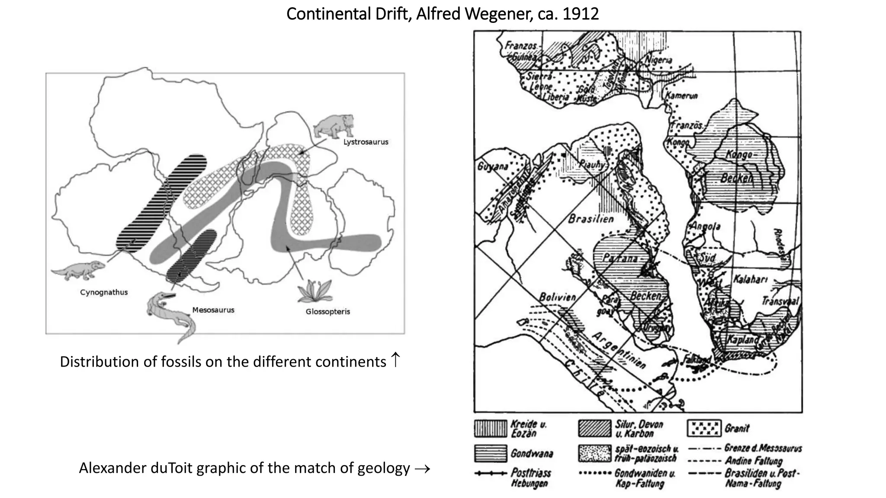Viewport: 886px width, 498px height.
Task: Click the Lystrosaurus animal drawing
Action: tap(334, 125)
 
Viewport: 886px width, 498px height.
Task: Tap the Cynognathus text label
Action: tap(104, 292)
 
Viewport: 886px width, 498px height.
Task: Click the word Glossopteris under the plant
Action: tap(327, 311)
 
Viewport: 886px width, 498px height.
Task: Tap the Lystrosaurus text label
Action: tap(366, 142)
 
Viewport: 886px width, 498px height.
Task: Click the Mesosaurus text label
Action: tap(213, 310)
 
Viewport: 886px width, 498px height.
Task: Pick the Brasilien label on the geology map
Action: tap(591, 219)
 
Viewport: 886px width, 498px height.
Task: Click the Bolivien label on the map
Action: tap(557, 297)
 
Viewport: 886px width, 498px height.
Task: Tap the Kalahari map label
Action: tap(750, 280)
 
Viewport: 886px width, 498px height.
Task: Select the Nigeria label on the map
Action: tap(658, 60)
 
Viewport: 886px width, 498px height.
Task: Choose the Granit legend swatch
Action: tap(704, 428)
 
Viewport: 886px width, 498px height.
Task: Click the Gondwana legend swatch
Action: tap(490, 453)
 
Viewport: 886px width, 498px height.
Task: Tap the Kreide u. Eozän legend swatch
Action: tap(490, 428)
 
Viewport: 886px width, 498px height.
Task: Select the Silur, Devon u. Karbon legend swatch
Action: tap(594, 428)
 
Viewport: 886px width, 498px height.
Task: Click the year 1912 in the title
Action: tap(581, 14)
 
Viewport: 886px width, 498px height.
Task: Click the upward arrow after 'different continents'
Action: tap(395, 360)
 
